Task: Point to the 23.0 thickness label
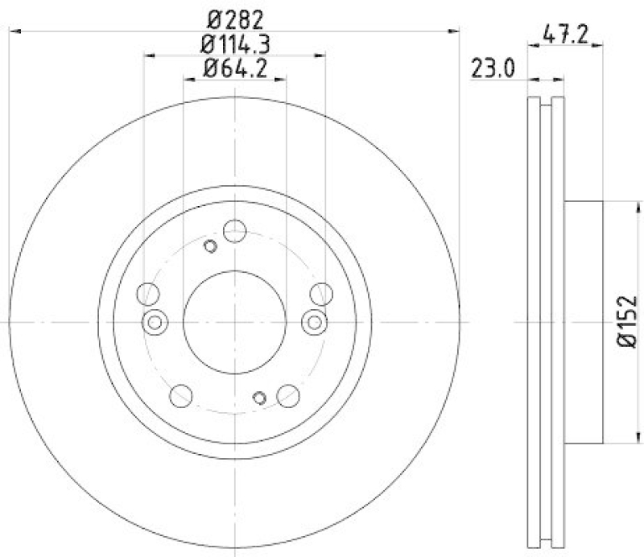pyautogui.click(x=492, y=69)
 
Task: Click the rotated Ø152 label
pyautogui.click(x=628, y=322)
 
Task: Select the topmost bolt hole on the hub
pyautogui.click(x=234, y=231)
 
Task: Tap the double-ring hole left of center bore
pyautogui.click(x=155, y=323)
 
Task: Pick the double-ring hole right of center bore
pyautogui.click(x=314, y=323)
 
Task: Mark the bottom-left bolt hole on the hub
pyautogui.click(x=182, y=394)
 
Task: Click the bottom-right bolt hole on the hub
pyautogui.click(x=287, y=394)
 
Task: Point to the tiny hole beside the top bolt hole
pyautogui.click(x=210, y=246)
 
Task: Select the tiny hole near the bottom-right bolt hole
pyautogui.click(x=259, y=397)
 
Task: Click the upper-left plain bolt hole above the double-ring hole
pyautogui.click(x=148, y=294)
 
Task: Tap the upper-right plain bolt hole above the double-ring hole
pyautogui.click(x=320, y=294)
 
